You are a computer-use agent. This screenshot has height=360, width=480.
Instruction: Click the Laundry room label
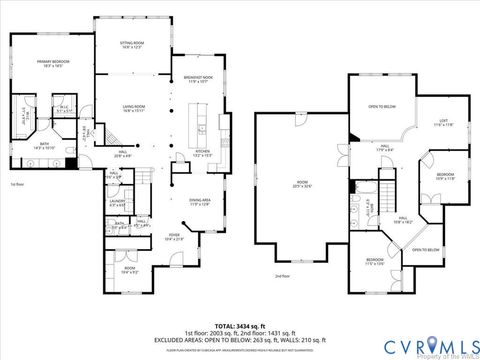click(x=117, y=204)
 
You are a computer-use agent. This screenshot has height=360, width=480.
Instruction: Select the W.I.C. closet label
click(x=63, y=109)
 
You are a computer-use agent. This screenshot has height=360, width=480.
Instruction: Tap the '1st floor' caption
click(x=17, y=185)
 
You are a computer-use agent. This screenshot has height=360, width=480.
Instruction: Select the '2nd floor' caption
click(x=281, y=276)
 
